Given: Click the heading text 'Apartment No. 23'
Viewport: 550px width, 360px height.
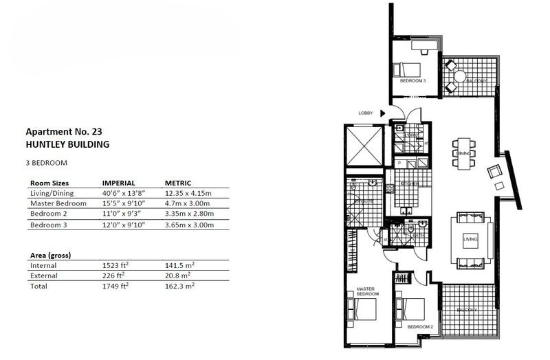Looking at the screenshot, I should [x=64, y=132].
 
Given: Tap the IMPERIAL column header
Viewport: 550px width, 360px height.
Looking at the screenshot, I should [x=122, y=184].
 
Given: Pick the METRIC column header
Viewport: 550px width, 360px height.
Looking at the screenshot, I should [x=179, y=184].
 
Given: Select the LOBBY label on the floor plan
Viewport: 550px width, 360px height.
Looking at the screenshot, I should [x=366, y=113].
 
